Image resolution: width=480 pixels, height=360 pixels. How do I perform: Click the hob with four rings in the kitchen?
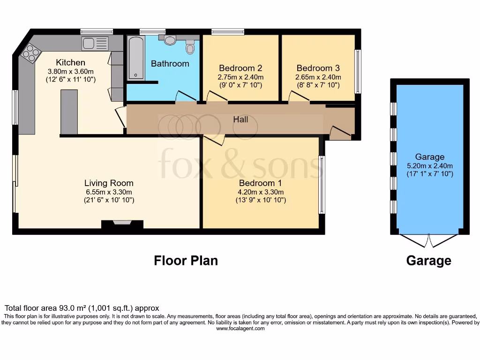tap(30, 52)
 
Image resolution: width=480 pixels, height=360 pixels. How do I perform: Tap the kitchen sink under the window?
tap(95, 44)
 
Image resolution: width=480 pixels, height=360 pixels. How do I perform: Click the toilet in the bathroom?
tap(190, 48)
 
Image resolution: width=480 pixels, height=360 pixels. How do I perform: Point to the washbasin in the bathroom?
tap(170, 41)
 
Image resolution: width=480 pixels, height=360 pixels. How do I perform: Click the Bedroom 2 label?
tap(240, 68)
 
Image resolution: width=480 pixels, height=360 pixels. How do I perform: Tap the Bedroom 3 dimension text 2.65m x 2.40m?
tap(318, 77)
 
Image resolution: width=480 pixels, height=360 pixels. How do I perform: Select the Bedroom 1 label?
tap(261, 183)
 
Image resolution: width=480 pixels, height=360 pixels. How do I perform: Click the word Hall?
tap(240, 120)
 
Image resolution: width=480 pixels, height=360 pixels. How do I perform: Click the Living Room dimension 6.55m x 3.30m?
tap(109, 192)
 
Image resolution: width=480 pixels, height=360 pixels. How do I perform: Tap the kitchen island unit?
tap(69, 112)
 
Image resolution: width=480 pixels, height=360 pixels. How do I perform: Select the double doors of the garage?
tap(428, 241)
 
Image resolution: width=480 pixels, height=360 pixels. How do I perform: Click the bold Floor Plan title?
tap(186, 261)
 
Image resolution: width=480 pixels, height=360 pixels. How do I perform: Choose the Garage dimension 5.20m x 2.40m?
tap(429, 165)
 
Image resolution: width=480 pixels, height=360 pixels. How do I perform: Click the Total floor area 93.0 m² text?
tap(82, 308)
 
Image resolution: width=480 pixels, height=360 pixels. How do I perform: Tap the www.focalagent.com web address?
tap(240, 329)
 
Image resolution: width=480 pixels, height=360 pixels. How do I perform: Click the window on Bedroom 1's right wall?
tap(321, 185)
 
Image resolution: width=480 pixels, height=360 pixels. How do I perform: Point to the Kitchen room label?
tap(71, 62)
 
